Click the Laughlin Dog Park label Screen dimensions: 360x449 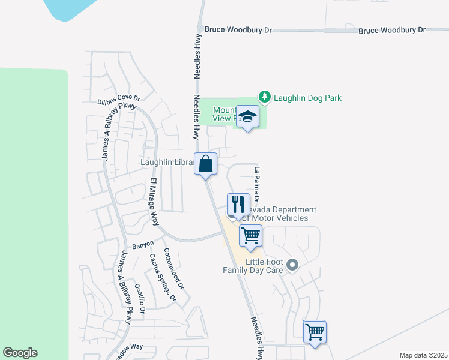[308, 97]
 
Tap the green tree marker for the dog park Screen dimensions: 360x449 [264, 97]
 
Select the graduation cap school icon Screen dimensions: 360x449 [247, 116]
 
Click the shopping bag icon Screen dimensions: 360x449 [205, 163]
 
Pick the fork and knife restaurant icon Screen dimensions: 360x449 [238, 205]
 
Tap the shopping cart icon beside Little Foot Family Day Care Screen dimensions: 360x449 [250, 235]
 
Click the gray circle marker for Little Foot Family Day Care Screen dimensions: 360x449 [292, 264]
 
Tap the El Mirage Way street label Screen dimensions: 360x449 [154, 201]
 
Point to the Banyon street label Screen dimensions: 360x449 [143, 245]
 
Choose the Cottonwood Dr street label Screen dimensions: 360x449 [173, 268]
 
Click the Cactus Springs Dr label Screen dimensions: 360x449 [162, 277]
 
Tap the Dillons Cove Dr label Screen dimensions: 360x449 [118, 100]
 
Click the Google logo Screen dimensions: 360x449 [20, 353]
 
